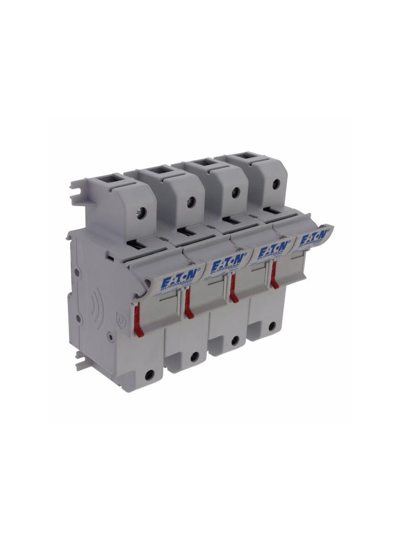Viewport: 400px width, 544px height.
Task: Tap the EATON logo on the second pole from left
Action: point(222,264)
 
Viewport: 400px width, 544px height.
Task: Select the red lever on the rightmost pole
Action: point(275,278)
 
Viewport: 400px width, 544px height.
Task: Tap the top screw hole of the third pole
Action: point(236,192)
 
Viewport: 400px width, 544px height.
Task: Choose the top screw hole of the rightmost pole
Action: point(276,184)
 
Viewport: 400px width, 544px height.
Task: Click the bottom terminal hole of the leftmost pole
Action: point(149,375)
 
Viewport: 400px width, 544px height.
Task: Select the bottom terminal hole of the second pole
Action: point(194,357)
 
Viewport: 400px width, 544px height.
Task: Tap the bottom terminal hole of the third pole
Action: point(235,340)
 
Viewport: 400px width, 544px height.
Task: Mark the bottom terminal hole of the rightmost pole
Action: point(272,325)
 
